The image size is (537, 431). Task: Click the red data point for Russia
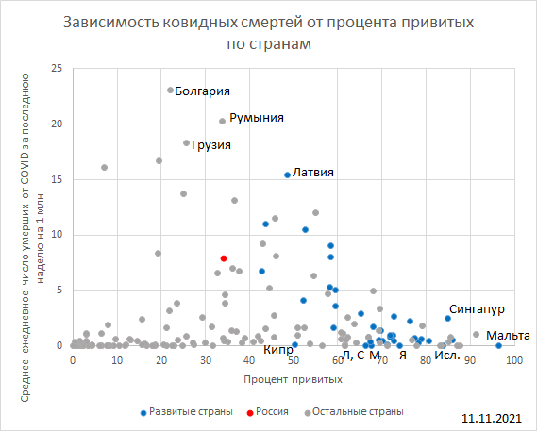[224, 257]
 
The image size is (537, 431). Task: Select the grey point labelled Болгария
[170, 91]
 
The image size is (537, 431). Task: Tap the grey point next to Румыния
[223, 121]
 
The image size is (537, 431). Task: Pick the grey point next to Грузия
[186, 143]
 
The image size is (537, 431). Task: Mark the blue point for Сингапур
[448, 318]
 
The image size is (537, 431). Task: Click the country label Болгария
[204, 91]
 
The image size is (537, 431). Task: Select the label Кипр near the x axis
[277, 351]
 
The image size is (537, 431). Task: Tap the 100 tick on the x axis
[514, 359]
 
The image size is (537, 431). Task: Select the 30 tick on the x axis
[205, 359]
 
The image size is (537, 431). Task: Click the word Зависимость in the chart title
[107, 22]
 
